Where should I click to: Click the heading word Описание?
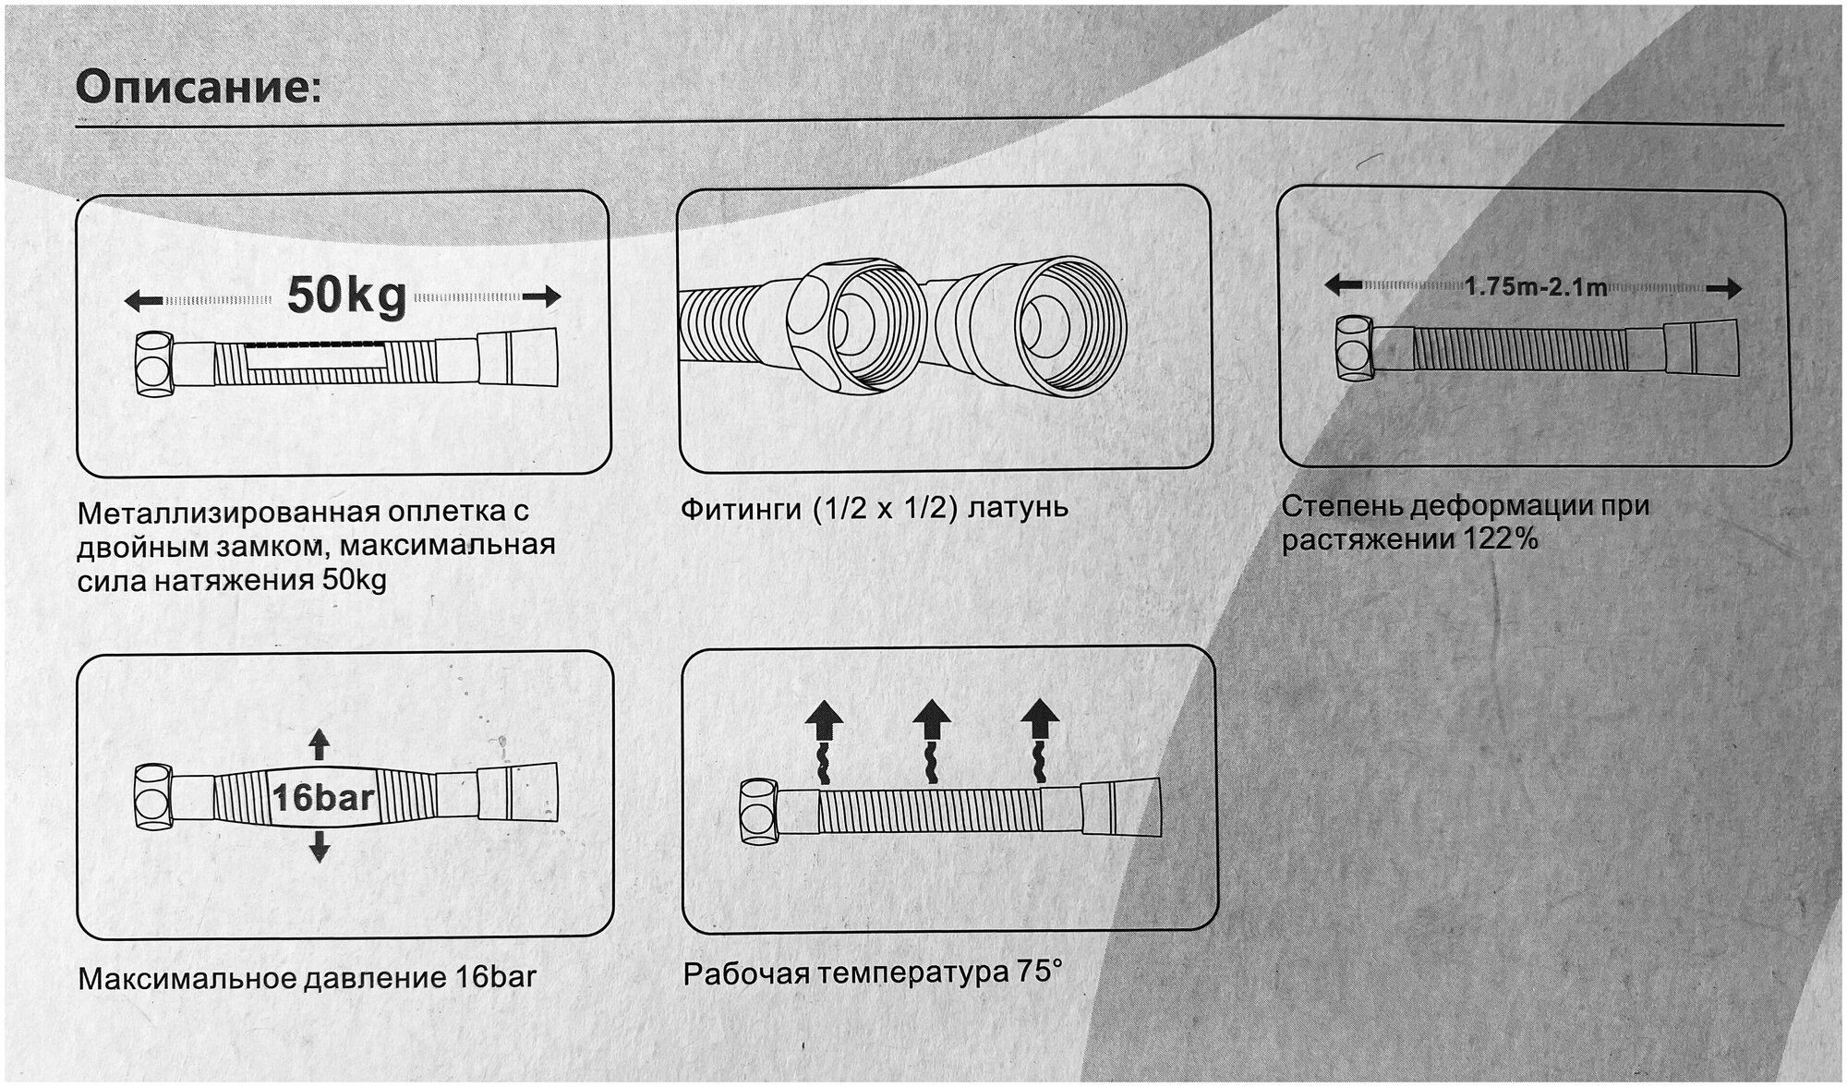point(198,89)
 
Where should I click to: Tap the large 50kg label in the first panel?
point(346,296)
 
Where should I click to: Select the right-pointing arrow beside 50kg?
point(542,297)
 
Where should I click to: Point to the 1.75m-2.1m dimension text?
point(1536,287)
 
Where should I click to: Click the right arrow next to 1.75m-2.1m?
point(1723,289)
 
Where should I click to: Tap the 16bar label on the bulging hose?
point(322,798)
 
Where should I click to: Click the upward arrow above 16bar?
point(319,743)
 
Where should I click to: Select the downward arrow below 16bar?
point(320,846)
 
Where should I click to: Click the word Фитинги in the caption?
point(741,509)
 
